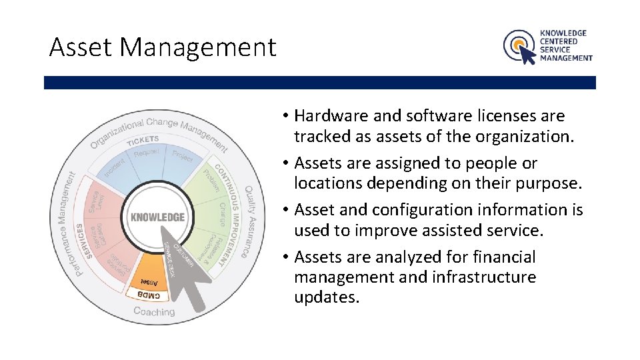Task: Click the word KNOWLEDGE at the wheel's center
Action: coord(158,217)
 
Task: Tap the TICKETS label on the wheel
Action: coord(143,139)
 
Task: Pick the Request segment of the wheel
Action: coord(147,153)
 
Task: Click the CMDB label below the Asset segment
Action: coord(149,294)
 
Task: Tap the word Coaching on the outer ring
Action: coord(154,311)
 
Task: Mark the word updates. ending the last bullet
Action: coord(327,297)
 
